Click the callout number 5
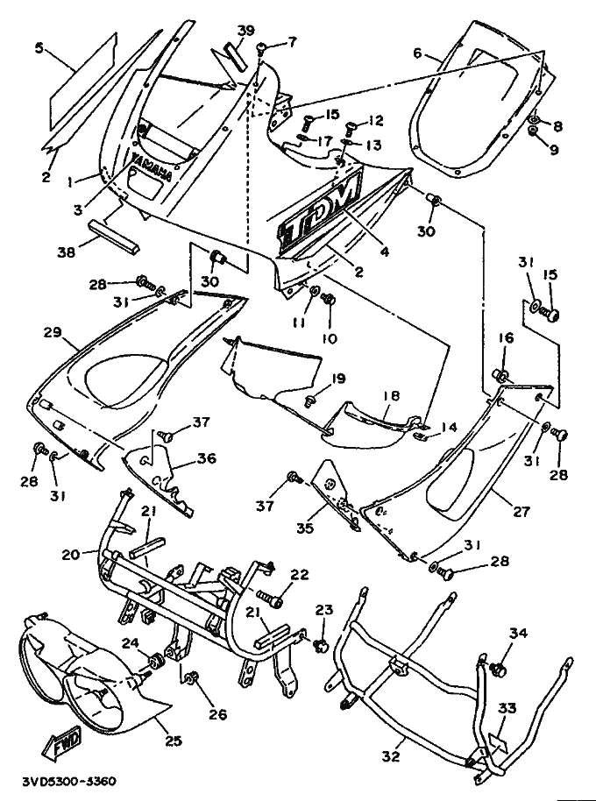coord(39,48)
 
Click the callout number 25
coord(174,741)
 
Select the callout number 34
coord(518,632)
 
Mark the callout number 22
coord(300,574)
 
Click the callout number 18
coord(391,397)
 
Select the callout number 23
coord(324,609)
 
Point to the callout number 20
coord(71,554)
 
